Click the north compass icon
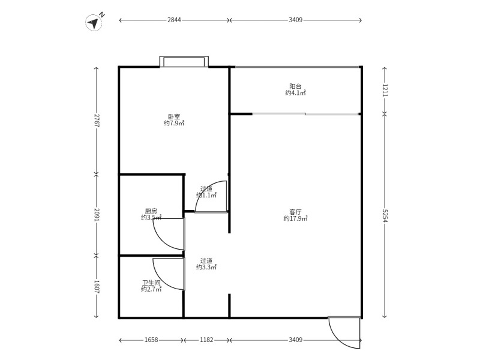pos(95,22)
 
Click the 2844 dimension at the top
pos(174,20)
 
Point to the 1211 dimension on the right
pos(385,91)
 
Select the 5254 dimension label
pos(385,216)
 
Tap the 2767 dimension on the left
pos(97,121)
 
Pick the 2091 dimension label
pos(97,215)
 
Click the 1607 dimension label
pos(97,287)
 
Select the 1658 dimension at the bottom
pos(151,340)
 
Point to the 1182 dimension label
pos(206,340)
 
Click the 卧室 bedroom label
pos(174,116)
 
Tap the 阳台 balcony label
pos(295,86)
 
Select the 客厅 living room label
pos(295,212)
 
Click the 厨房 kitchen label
pos(151,211)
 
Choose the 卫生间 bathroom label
pos(151,283)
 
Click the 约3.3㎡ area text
pos(206,267)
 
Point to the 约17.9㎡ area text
pos(295,218)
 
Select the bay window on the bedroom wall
pos(184,61)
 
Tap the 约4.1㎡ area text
pos(295,93)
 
